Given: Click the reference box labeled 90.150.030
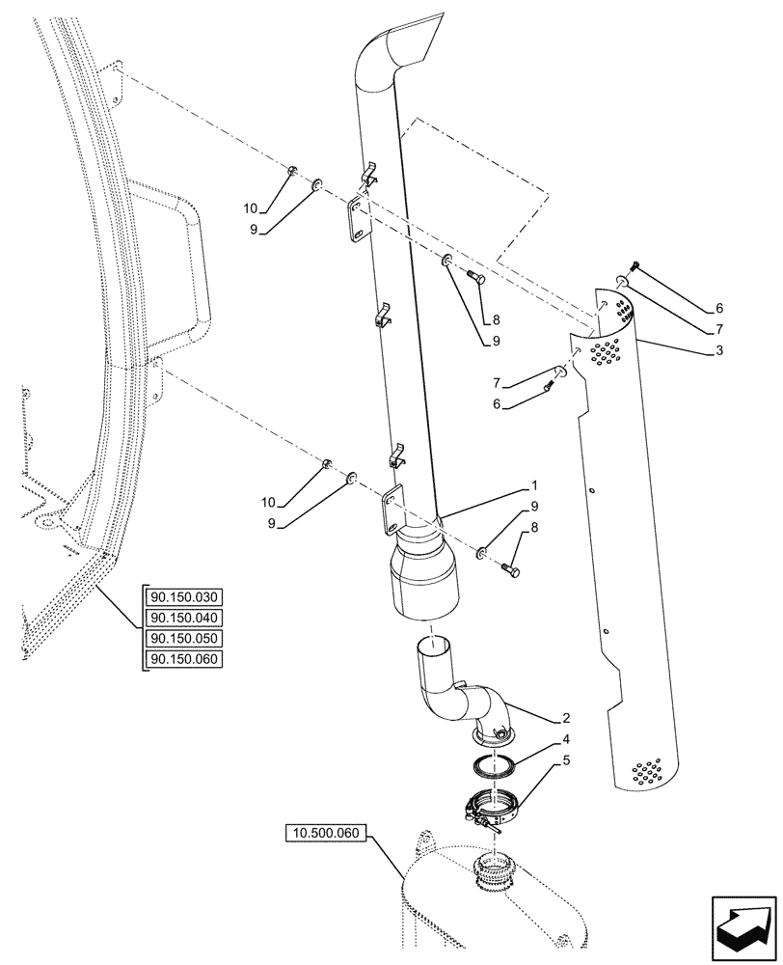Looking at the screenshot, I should click(x=183, y=596).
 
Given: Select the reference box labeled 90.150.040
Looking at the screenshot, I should click(x=183, y=618).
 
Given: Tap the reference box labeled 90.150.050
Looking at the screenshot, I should click(x=183, y=639).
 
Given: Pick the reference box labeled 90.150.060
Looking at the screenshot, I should click(x=183, y=660).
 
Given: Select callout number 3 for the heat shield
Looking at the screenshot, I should click(x=719, y=351).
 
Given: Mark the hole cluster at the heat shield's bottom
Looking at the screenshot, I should click(x=645, y=771).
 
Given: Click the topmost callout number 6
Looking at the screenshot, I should click(x=719, y=309).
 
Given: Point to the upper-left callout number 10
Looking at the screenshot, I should click(x=250, y=208).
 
